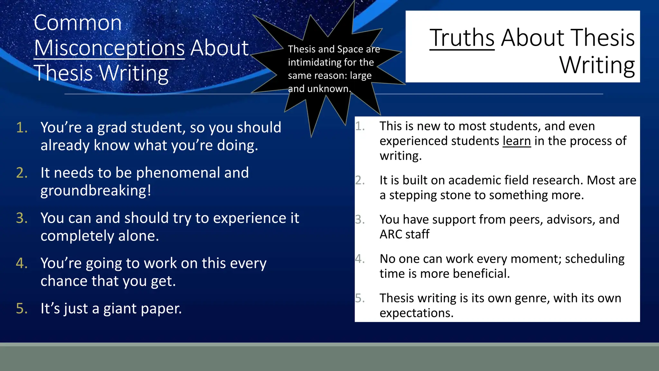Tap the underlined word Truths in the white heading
coord(462,38)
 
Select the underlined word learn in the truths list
coord(516,141)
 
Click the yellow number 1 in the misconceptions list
coord(22,128)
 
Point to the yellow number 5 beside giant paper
coord(22,309)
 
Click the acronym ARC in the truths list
coord(391,234)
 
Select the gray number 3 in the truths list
coord(360,220)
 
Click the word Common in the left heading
coord(78,23)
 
